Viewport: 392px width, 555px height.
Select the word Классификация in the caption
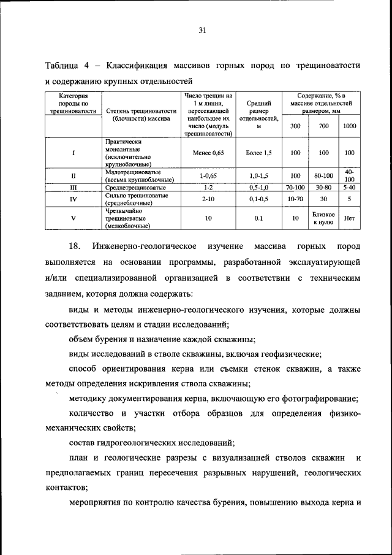pyautogui.click(x=141, y=66)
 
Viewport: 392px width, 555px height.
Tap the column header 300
pyautogui.click(x=295, y=126)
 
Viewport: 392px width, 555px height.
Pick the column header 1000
pyautogui.click(x=349, y=126)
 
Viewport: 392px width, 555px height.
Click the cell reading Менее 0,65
pyautogui.click(x=208, y=153)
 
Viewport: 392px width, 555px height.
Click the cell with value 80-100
pyautogui.click(x=323, y=175)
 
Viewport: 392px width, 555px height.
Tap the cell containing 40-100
pyautogui.click(x=349, y=175)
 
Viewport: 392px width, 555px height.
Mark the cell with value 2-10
pyautogui.click(x=208, y=199)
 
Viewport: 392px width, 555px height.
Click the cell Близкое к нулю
pyautogui.click(x=323, y=218)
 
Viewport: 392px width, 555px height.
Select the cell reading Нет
pyautogui.click(x=349, y=218)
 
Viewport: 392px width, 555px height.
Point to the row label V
pyautogui.click(x=73, y=218)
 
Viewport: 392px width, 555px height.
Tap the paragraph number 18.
pyautogui.click(x=75, y=247)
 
